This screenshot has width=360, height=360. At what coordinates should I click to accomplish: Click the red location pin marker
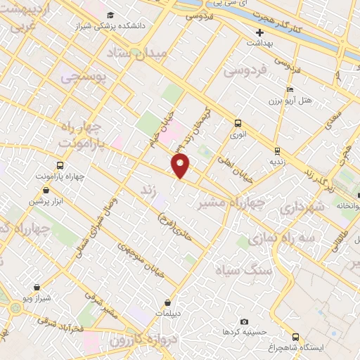click(181, 165)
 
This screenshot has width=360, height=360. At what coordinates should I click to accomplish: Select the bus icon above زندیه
click(278, 150)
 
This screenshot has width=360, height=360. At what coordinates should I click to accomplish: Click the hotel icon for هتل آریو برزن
click(289, 90)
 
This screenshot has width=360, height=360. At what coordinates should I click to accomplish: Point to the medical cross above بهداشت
click(259, 32)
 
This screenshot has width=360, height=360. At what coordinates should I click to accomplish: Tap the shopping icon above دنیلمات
click(167, 302)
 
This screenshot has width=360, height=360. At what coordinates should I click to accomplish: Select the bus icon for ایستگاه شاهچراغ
click(296, 337)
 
